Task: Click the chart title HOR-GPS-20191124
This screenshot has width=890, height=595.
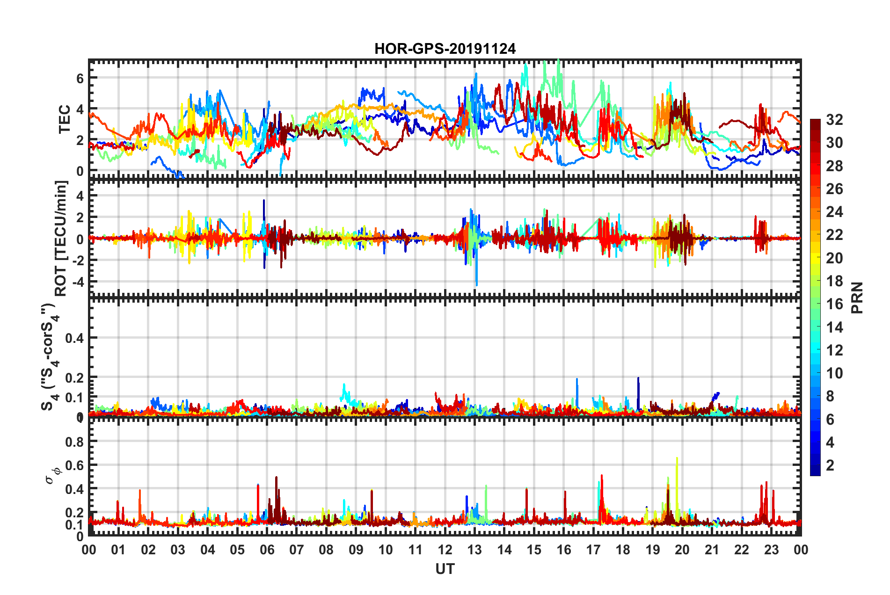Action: tap(445, 49)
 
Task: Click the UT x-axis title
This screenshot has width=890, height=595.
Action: tap(445, 569)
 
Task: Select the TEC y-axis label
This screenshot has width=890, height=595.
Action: tap(64, 119)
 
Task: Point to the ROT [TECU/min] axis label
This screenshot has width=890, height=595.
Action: tap(61, 239)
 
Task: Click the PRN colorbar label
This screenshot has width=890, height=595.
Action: tap(857, 298)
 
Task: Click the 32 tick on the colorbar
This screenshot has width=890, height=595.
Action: tap(834, 120)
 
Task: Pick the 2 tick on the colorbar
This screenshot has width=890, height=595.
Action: tap(831, 465)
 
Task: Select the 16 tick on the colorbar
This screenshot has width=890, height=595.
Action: tap(834, 304)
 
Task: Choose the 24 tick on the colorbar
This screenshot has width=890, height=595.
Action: tap(834, 212)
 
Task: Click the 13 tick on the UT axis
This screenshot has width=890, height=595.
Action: tap(474, 550)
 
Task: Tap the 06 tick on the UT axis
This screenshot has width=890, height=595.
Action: tap(267, 550)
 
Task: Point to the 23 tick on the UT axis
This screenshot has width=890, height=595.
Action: tap(771, 550)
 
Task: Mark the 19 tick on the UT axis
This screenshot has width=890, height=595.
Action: tap(652, 550)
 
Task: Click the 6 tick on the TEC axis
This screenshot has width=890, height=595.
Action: tap(80, 78)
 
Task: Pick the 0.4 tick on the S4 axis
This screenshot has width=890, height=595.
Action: tap(74, 338)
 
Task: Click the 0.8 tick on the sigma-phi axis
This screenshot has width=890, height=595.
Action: tap(74, 442)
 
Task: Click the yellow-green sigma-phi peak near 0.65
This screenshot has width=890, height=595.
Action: tap(677, 459)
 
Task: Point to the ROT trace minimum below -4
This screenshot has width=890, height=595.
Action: tap(477, 284)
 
